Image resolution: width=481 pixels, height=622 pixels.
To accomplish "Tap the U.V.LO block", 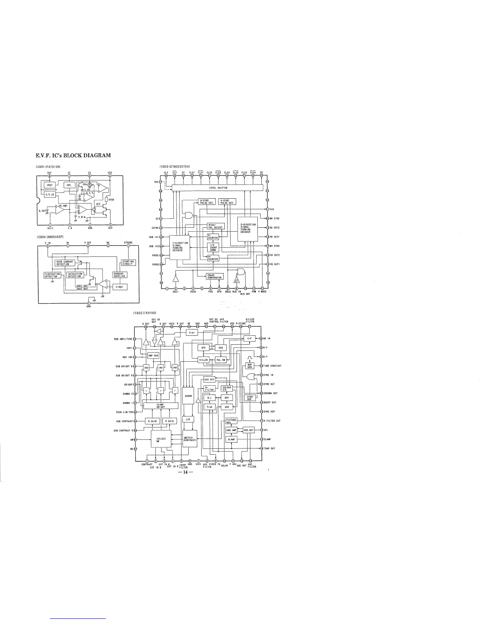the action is (x=50, y=194).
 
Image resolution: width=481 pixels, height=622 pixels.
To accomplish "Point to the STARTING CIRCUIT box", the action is (x=128, y=262).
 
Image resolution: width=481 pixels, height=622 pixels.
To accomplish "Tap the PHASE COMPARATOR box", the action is (x=215, y=276).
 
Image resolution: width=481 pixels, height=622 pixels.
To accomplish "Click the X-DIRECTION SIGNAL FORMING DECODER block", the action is (x=248, y=228).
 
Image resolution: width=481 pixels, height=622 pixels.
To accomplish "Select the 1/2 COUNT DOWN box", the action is (x=213, y=248).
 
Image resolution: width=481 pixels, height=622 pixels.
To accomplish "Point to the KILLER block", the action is (x=203, y=359).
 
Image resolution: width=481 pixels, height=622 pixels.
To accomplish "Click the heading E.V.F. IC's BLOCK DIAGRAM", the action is (x=73, y=155).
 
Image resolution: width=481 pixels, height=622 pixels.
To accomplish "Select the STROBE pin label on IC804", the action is (x=128, y=243).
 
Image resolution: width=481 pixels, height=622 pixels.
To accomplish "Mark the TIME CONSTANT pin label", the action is (x=272, y=366).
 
